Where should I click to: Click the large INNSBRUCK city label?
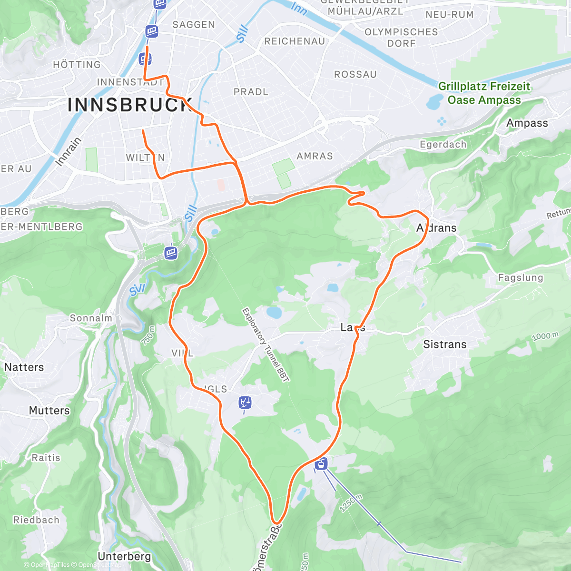pos(129,105)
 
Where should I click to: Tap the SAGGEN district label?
pos(194,25)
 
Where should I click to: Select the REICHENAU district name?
pos(295,41)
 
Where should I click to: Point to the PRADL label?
pos(251,92)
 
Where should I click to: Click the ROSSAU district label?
pos(355,75)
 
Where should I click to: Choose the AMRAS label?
pos(315,156)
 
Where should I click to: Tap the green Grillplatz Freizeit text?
pos(484,87)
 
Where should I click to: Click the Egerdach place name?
pos(443,144)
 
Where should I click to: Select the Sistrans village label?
pos(445,344)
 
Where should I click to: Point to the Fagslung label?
pos(520,277)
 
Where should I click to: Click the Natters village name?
pos(24,367)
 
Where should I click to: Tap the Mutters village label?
pos(49,410)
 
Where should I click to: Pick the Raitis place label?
pos(46,458)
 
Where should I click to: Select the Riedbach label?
pos(36,520)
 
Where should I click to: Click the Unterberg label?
pos(124,556)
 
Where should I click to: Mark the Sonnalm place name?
pos(91,318)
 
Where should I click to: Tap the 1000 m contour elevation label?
pos(545,336)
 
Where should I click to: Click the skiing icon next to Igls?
pos(245,403)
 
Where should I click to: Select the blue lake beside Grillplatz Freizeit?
pos(434,101)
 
